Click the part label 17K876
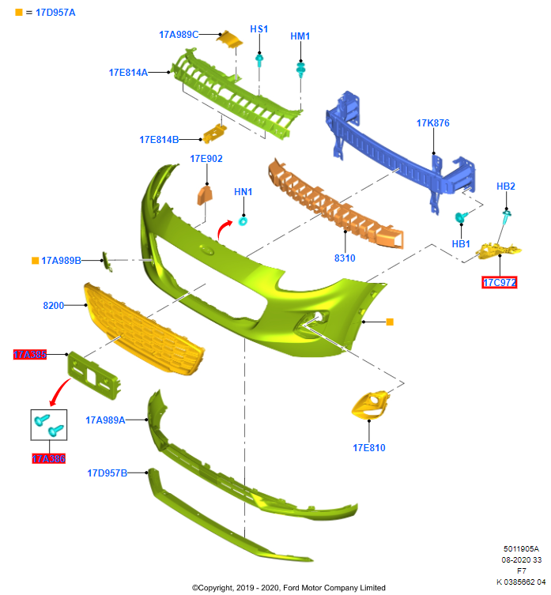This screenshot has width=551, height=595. (432, 123)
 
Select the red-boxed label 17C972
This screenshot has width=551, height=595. (500, 282)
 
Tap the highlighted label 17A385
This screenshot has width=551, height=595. (29, 355)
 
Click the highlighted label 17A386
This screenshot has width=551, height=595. (48, 458)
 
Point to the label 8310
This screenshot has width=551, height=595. (345, 258)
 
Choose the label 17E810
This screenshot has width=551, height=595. (369, 448)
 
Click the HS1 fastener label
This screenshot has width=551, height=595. (259, 29)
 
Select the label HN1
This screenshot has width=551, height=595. (243, 192)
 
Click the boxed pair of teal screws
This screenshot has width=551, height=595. (49, 427)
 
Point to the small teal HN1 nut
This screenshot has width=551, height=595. (243, 220)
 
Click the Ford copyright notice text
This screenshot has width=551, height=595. (289, 588)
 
